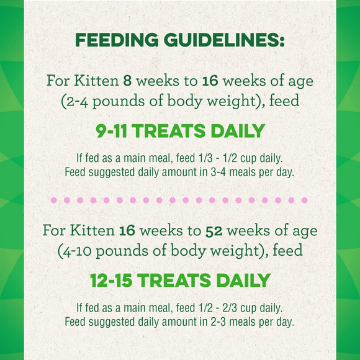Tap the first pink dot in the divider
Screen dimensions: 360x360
pyautogui.click(x=53, y=200)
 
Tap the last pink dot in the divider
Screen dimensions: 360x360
pyautogui.click(x=304, y=200)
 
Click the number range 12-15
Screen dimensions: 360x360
pyautogui.click(x=111, y=281)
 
